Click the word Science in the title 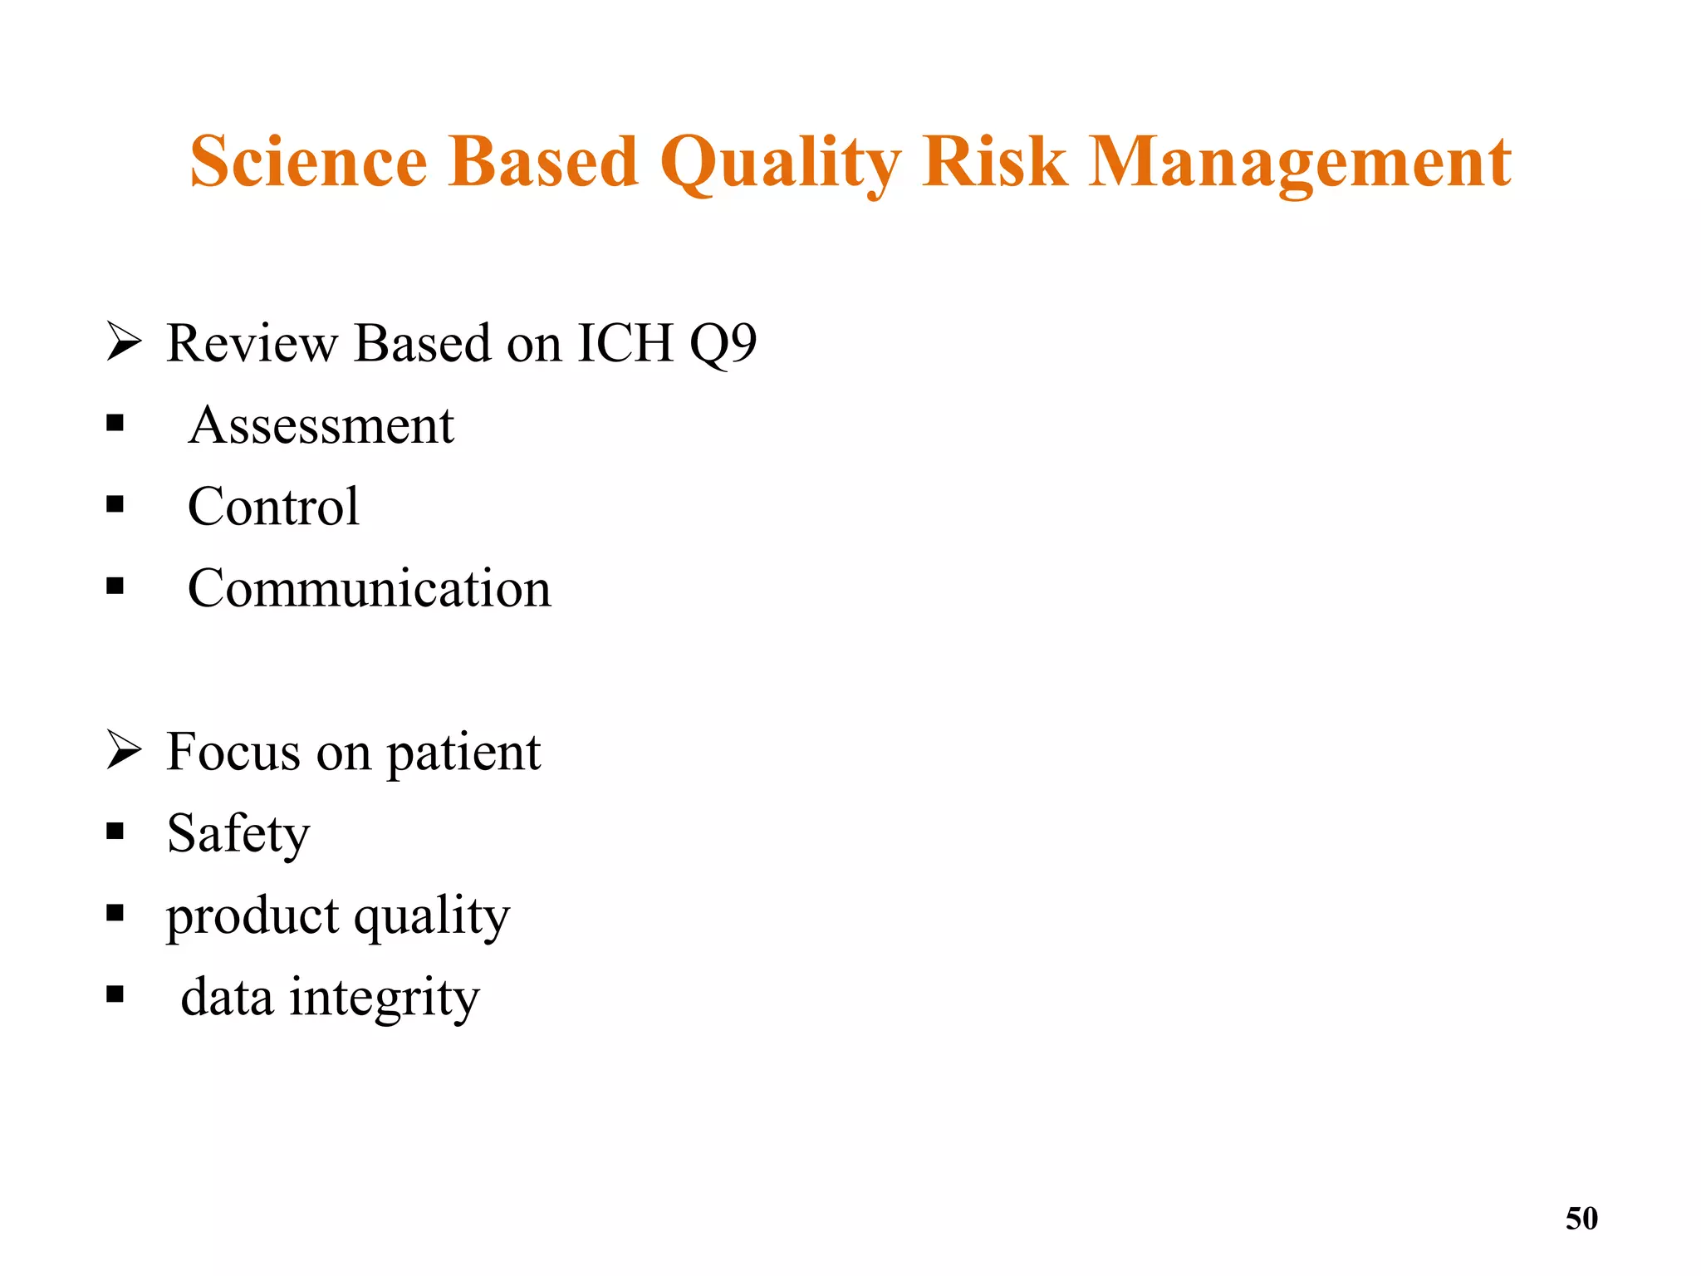[x=308, y=161]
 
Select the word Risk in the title [x=994, y=161]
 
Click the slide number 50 [x=1581, y=1219]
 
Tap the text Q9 [x=723, y=343]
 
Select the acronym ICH [x=625, y=342]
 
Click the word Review [x=250, y=342]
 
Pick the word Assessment [x=321, y=425]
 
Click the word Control [x=273, y=507]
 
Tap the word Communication [x=369, y=589]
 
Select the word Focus [x=233, y=752]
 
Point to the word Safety [x=238, y=834]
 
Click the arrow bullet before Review [x=124, y=342]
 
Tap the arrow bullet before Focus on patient [x=124, y=751]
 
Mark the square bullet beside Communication [x=115, y=586]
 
